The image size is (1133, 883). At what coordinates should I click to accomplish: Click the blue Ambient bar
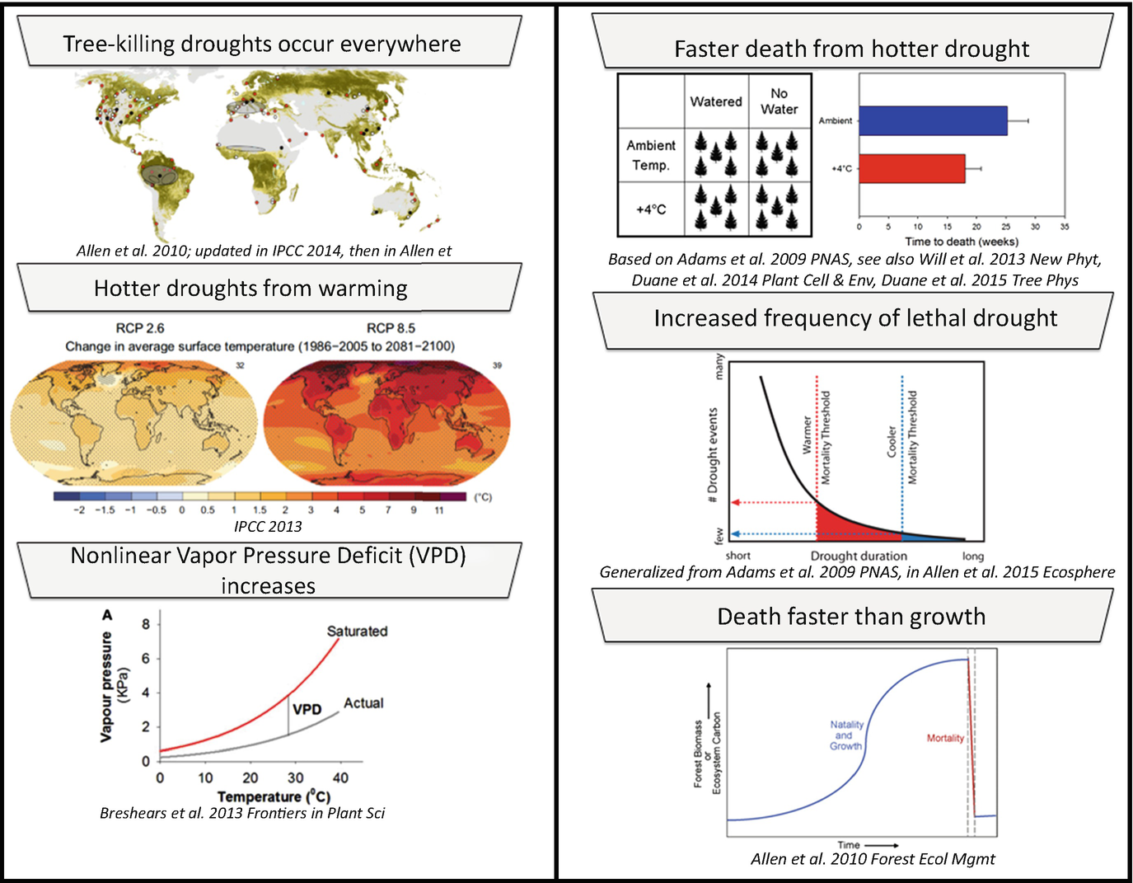click(932, 120)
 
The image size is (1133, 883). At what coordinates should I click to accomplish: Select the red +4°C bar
click(911, 168)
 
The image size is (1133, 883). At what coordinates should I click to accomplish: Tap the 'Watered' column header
click(716, 101)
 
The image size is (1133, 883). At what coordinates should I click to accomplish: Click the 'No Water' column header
click(779, 101)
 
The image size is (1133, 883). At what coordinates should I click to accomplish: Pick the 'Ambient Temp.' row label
click(650, 155)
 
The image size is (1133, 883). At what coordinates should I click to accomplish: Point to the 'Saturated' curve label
click(357, 632)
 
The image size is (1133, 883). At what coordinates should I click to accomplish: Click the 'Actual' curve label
click(363, 703)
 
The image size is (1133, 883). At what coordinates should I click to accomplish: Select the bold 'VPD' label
click(307, 709)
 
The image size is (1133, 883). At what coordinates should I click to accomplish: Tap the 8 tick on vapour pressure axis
click(146, 624)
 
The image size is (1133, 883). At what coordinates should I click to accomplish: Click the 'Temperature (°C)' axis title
click(274, 796)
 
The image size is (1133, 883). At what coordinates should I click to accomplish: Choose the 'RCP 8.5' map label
click(391, 328)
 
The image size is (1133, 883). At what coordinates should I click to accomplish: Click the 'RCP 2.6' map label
click(140, 328)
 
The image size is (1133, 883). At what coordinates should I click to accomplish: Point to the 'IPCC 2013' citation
click(268, 526)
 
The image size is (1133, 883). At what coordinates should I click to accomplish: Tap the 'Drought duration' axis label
click(859, 556)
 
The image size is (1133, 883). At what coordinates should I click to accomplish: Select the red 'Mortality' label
click(945, 738)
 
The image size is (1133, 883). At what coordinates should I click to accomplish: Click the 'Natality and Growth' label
click(846, 735)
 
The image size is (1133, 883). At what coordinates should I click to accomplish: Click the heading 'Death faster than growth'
click(851, 617)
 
